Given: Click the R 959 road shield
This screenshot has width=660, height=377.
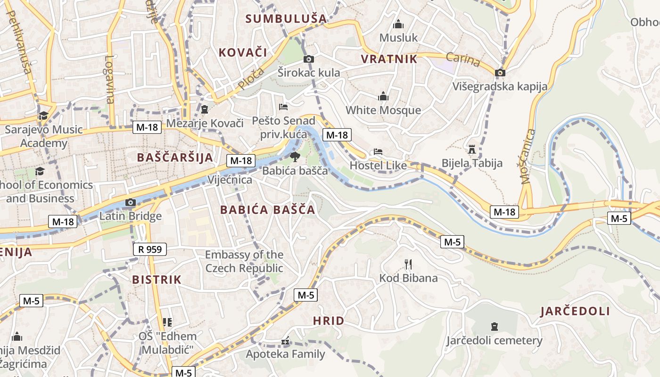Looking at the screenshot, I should [x=150, y=249].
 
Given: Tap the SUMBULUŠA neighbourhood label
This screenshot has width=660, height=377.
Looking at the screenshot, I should [x=286, y=19].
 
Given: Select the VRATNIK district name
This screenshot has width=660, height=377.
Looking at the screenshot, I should [x=389, y=59].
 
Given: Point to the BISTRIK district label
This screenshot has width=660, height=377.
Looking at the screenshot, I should [x=157, y=279].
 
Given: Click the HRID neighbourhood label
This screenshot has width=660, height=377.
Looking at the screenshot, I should [x=329, y=321].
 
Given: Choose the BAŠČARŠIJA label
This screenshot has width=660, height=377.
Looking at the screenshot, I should [x=175, y=157].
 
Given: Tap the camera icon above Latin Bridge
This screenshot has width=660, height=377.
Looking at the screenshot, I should [x=131, y=203].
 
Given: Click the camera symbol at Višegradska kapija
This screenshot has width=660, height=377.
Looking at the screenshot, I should [x=500, y=73].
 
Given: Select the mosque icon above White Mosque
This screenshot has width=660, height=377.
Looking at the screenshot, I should [x=383, y=97].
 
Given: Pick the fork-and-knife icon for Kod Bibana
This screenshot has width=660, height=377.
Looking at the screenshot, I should [x=408, y=264].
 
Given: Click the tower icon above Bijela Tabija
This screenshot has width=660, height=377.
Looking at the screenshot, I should [x=471, y=150].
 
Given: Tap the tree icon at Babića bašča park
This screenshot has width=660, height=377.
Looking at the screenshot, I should [x=295, y=156].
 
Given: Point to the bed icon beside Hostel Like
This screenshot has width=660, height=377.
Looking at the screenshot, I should [x=378, y=152].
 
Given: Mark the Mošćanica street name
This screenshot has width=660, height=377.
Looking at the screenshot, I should [x=529, y=156].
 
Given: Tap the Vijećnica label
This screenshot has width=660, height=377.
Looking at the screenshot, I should [x=230, y=180].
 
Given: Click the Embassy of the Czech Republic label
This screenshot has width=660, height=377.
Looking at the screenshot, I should [x=244, y=262].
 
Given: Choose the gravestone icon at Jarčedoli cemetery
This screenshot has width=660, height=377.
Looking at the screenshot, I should [x=495, y=326].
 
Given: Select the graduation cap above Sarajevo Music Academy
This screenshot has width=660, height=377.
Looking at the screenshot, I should [x=43, y=115].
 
